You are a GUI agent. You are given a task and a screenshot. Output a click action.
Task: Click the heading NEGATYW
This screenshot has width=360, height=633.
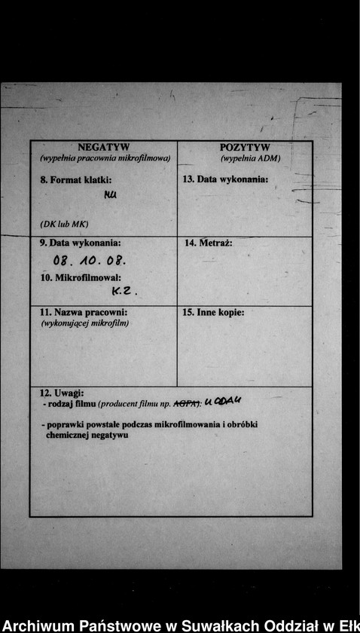104,147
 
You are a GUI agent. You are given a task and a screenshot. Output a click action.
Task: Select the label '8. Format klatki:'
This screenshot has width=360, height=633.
75,180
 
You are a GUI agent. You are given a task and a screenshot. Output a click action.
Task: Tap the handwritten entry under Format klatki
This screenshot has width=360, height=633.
111,196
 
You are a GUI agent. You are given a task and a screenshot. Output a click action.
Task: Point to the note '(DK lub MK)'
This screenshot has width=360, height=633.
64,225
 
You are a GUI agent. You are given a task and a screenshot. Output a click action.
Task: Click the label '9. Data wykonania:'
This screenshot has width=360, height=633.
80,243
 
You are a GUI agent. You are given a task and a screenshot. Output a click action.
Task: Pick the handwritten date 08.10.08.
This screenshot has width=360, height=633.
89,261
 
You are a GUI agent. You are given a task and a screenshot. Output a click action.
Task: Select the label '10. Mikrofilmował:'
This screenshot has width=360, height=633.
81,277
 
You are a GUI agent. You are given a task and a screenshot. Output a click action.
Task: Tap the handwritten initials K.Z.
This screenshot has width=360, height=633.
124,291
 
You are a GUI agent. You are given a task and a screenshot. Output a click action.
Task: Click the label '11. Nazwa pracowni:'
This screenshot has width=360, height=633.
83,312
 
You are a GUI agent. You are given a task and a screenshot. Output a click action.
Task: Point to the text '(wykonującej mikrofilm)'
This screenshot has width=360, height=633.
84,323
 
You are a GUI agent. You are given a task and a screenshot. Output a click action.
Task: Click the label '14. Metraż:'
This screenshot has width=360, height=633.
208,243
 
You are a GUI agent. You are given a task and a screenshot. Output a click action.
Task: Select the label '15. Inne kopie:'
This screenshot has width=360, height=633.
213,312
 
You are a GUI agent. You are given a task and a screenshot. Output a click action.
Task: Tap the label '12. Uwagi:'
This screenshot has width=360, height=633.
62,393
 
